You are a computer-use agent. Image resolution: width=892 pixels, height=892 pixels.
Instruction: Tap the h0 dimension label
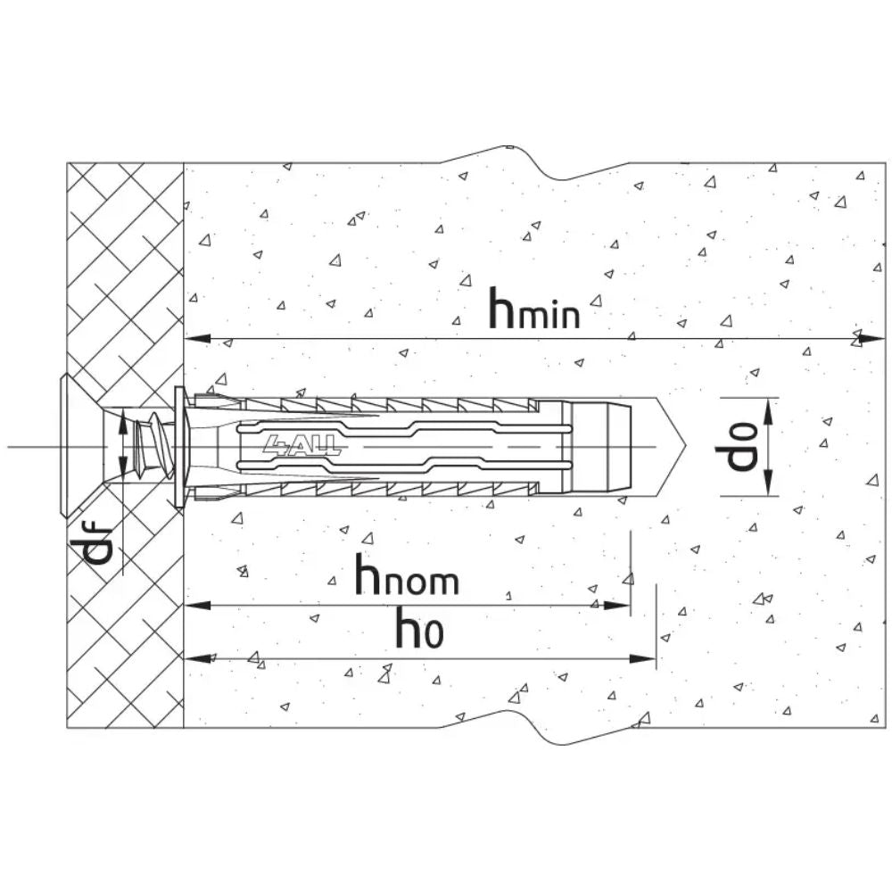(420, 628)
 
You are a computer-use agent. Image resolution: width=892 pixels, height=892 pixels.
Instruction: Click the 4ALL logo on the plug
(301, 445)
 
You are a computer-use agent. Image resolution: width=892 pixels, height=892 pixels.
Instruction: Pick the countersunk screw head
(81, 447)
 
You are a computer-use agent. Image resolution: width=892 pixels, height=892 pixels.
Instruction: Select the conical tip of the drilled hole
(672, 447)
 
